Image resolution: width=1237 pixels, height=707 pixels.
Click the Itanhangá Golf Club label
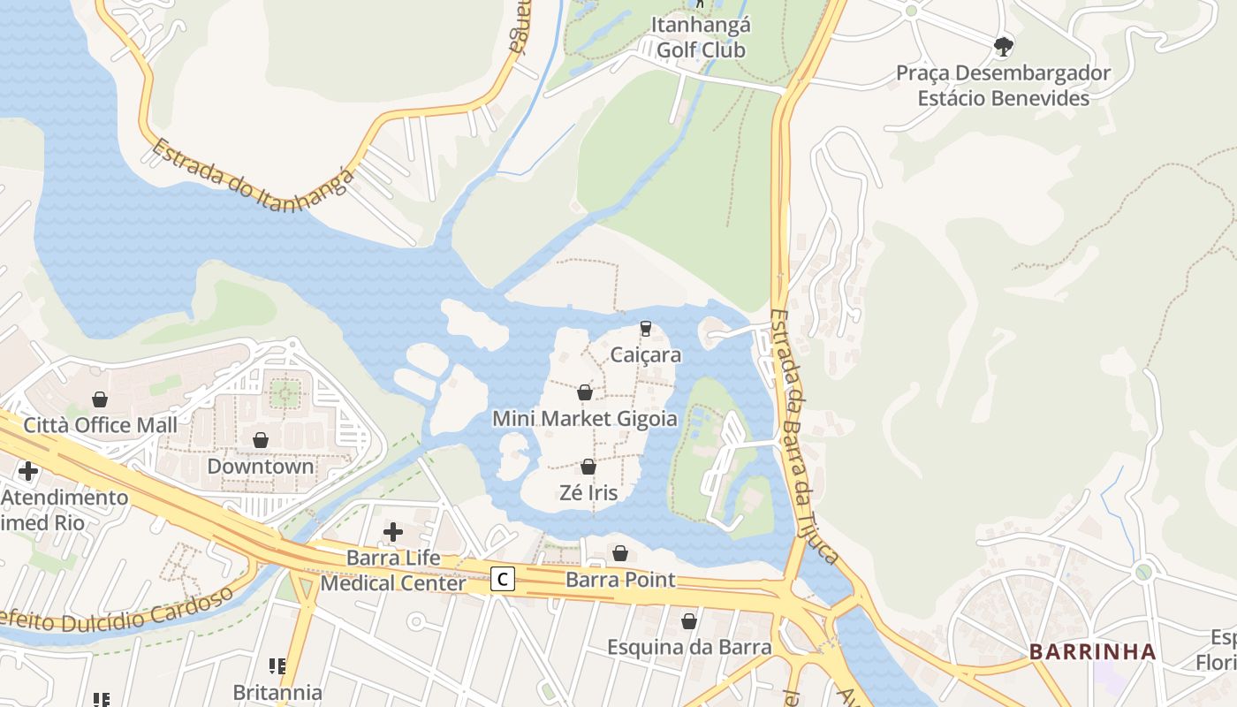(701, 38)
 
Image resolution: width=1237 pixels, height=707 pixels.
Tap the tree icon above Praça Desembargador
(1003, 45)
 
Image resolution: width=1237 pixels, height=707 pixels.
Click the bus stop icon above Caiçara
(646, 329)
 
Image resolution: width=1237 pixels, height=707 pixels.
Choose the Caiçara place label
(646, 355)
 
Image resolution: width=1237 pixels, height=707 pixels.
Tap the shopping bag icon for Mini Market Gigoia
(585, 392)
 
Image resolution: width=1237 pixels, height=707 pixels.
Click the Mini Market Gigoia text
(585, 419)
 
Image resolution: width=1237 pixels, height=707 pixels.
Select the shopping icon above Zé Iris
(588, 466)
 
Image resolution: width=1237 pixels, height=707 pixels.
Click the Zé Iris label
(588, 492)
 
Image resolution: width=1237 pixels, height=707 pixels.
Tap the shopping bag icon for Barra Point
(620, 553)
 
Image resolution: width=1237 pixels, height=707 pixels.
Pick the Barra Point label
(620, 581)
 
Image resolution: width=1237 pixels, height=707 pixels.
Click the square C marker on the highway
(503, 580)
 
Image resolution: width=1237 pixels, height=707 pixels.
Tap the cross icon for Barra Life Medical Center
(393, 531)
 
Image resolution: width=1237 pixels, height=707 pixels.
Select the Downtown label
(261, 466)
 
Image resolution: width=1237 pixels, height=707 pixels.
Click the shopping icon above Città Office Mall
(100, 399)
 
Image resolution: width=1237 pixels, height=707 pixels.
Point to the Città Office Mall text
(100, 425)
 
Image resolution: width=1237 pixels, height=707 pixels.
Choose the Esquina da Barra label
(689, 647)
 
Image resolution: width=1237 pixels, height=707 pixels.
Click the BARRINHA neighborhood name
(1092, 652)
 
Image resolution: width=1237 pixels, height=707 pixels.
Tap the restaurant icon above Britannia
(277, 665)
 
